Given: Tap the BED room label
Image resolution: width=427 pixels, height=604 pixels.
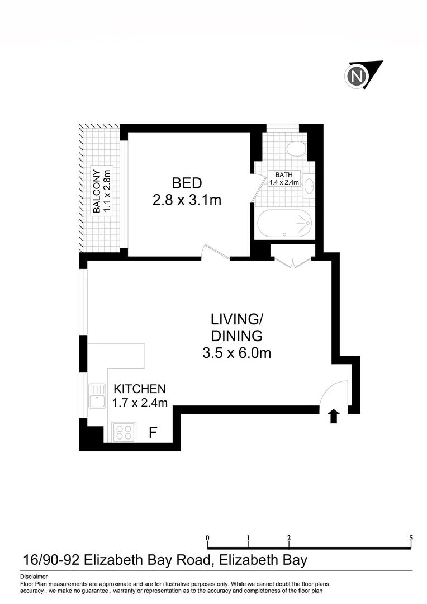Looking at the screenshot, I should (x=187, y=183).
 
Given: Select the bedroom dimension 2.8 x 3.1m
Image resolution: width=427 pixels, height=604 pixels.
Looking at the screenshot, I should (x=187, y=200).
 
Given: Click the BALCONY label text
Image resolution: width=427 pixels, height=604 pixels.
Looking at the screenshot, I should (x=97, y=191).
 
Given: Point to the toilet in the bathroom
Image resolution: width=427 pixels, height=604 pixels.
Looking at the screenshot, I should (x=295, y=149).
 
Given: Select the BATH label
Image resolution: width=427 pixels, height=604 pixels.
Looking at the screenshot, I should (x=284, y=174).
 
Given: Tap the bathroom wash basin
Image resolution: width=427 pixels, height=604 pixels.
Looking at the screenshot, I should (x=310, y=186).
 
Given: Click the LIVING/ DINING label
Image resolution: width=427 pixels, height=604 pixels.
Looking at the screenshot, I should (x=236, y=328).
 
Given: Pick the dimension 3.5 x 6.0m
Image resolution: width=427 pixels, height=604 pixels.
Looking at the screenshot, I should (x=236, y=353).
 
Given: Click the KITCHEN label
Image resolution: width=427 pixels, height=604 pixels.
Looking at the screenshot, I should (x=140, y=389).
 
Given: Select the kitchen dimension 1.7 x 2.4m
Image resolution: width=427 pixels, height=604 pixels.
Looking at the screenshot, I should (x=140, y=402).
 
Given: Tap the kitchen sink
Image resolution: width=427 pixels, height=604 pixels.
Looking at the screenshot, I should (x=97, y=396).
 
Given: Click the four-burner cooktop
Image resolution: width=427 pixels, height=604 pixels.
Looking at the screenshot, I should (x=124, y=432).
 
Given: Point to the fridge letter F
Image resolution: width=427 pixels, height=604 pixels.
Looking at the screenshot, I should (x=153, y=432).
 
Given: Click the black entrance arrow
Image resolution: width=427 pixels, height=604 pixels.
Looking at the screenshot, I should (x=334, y=416).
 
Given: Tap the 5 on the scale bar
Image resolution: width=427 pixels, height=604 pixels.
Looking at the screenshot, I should (x=411, y=538).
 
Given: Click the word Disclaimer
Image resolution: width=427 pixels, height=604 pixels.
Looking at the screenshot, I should (x=34, y=576).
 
